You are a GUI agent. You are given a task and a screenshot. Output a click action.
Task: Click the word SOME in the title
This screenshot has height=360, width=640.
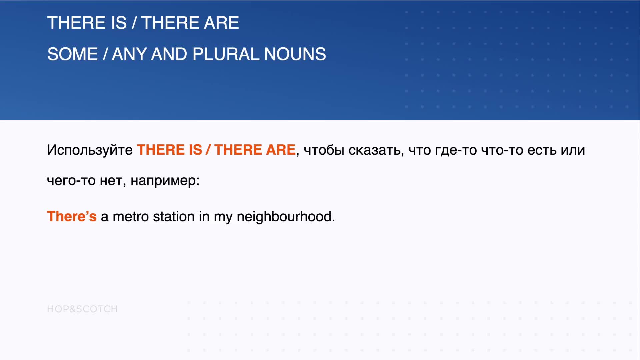[72, 54]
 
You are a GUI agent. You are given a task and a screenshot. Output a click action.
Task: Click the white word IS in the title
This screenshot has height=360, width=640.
[119, 23]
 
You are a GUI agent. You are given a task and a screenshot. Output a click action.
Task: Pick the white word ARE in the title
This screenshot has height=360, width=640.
[221, 23]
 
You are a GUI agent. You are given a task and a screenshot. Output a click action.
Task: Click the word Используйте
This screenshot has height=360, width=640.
[90, 150]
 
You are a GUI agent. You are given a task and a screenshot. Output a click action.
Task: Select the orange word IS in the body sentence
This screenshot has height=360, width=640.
[196, 150]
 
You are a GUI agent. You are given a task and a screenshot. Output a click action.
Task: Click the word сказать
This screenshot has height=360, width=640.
[376, 150]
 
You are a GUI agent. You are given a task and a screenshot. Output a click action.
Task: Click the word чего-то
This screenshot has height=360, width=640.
[71, 181]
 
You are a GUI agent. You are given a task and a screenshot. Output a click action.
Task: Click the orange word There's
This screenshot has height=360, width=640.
[72, 216]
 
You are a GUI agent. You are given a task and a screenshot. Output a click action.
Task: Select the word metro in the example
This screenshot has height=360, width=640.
[131, 217]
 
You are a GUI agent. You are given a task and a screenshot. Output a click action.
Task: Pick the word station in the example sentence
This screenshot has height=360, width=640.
[174, 216]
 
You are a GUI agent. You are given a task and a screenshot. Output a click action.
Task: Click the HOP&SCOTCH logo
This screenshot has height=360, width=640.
[82, 309]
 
